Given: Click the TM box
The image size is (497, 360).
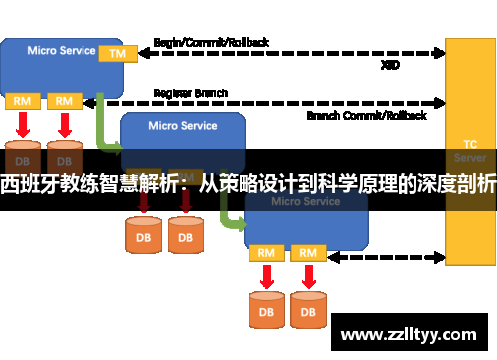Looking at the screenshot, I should coord(117,52).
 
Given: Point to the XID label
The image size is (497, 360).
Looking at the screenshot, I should coord(391,65).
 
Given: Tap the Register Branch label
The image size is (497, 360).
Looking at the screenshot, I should coord(191,93).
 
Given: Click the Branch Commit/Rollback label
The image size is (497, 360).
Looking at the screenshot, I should coord(367,115).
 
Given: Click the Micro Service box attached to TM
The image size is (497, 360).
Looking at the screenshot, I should coord(55,62).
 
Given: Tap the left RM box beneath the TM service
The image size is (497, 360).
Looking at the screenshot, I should coord(21,101).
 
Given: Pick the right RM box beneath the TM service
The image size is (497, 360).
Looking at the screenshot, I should coord(64,101).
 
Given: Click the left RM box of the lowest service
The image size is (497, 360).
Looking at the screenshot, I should coord(265,253).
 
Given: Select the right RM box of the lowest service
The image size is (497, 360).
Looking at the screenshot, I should coord(308,253).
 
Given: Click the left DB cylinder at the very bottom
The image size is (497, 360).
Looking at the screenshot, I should coord(266,310).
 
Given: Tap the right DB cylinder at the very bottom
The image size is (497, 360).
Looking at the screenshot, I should coord(309,310).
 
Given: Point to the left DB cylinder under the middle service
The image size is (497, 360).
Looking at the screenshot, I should coord(143,235).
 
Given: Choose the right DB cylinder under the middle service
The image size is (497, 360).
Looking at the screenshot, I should coord(185,235).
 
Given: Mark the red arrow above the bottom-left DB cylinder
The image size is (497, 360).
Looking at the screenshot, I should coord(265,274).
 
